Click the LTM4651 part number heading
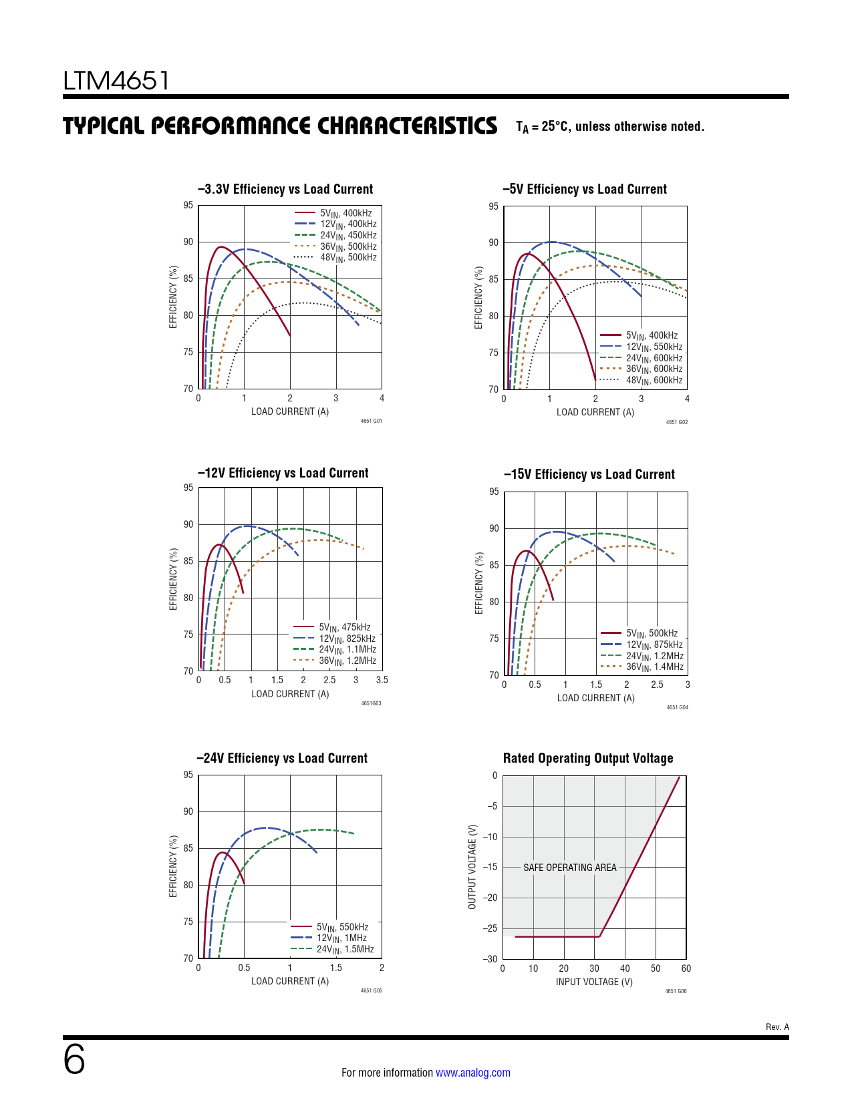(x=116, y=81)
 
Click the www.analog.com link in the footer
(x=472, y=1073)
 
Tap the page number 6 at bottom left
(x=74, y=1059)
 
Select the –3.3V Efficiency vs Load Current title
(x=285, y=189)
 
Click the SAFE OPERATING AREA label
(x=570, y=868)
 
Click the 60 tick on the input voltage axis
(x=686, y=968)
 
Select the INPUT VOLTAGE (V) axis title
(x=594, y=982)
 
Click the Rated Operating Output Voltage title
(x=588, y=758)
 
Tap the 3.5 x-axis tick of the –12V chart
(x=382, y=680)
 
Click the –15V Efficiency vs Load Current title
(x=589, y=474)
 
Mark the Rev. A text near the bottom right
(x=777, y=1027)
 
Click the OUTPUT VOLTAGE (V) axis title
(x=472, y=866)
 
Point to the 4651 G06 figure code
(x=676, y=991)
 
